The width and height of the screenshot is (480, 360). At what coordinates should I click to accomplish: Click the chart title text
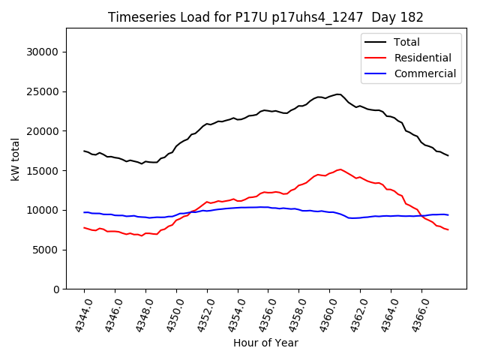tap(265, 17)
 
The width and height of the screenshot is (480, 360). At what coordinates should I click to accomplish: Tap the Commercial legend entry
tap(424, 73)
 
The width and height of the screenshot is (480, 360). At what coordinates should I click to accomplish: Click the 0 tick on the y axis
tap(56, 289)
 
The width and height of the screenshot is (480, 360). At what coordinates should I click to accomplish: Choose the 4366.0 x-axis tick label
tap(416, 315)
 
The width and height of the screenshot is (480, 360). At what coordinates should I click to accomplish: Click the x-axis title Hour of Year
tap(265, 343)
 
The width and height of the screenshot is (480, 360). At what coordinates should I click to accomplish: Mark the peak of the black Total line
tap(338, 94)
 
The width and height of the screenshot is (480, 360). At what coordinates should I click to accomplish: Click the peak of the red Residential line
tap(340, 169)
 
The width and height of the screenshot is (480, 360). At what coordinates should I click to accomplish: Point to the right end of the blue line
tap(448, 215)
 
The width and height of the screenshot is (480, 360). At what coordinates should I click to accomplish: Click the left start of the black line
tap(84, 151)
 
